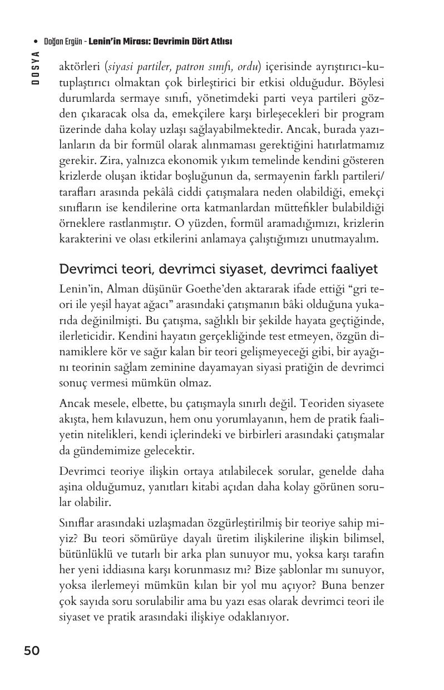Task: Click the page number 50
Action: (32, 651)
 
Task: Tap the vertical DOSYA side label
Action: (35, 67)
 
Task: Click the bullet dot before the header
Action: (36, 42)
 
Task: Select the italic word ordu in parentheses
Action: (248, 68)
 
